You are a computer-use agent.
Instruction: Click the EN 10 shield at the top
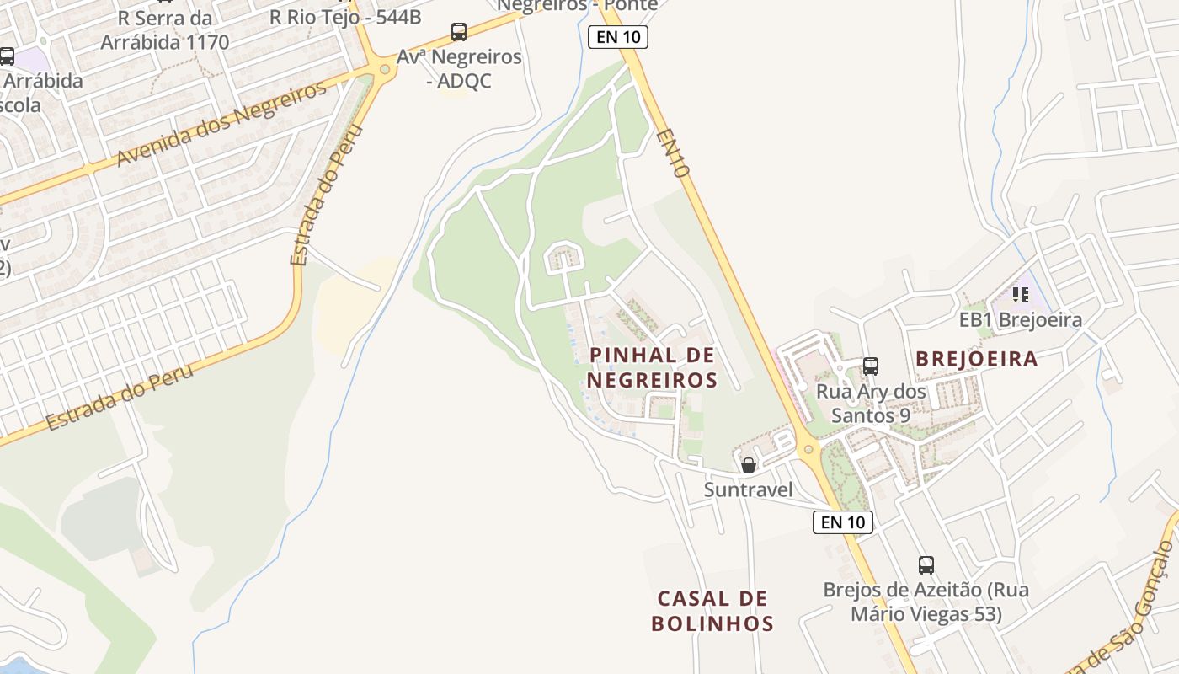[x=617, y=37]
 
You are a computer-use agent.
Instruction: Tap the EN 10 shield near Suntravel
[x=843, y=522]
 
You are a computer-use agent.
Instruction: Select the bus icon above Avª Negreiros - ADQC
[x=459, y=32]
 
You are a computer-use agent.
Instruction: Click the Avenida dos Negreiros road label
[x=221, y=125]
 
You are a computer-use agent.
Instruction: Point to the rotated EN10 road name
[x=674, y=152]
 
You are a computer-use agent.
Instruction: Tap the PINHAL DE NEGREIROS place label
[x=652, y=367]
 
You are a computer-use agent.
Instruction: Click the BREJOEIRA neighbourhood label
[x=976, y=359]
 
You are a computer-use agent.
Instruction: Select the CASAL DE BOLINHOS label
[x=712, y=611]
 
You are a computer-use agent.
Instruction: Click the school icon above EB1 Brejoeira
[x=1021, y=295]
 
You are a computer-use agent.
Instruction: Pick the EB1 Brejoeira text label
[x=1021, y=320]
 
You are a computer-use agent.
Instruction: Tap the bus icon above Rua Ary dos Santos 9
[x=871, y=366]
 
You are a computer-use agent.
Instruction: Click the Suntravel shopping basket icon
[x=748, y=465]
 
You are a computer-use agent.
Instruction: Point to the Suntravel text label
[x=748, y=489]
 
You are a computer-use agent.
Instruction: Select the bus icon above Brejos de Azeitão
[x=926, y=564]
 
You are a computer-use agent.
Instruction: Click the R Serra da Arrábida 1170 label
[x=164, y=29]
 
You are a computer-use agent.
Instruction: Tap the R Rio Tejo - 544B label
[x=345, y=16]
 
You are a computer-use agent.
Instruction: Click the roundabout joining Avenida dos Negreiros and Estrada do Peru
[x=386, y=69]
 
